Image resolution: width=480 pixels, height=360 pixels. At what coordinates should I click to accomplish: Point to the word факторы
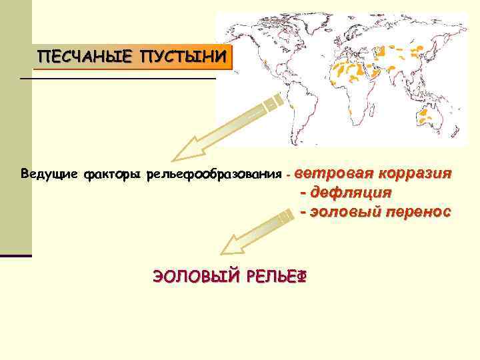coord(108,175)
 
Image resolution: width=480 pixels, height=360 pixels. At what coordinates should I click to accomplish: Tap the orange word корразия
coord(415,173)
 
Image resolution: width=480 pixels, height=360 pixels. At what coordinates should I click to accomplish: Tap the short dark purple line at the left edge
coord(15,255)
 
